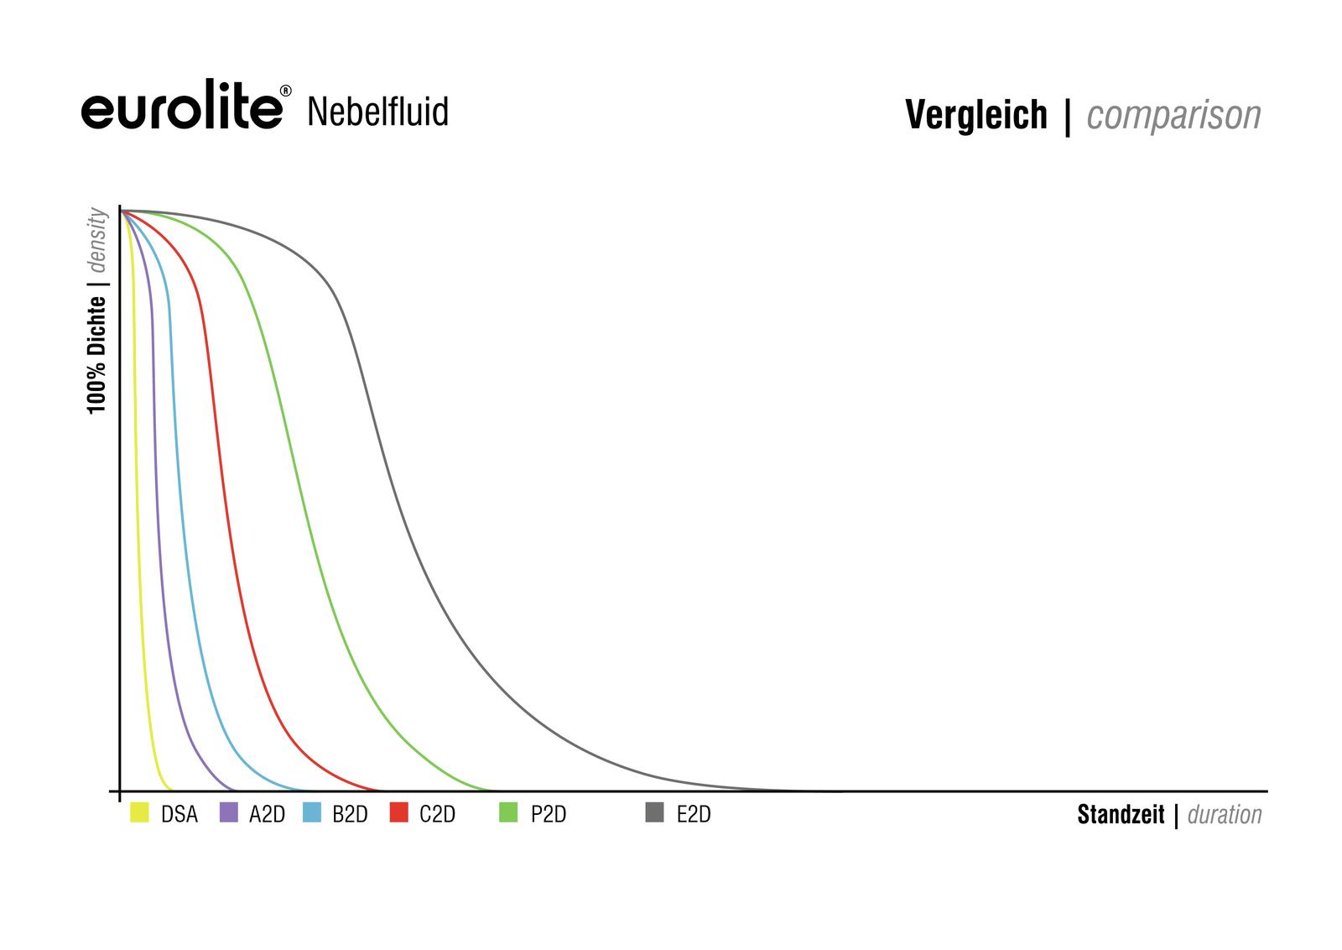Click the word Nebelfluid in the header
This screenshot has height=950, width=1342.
[x=377, y=112]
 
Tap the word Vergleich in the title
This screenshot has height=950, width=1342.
[x=976, y=115]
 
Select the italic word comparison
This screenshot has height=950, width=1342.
[x=1173, y=116]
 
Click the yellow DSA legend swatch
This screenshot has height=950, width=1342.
[x=139, y=812]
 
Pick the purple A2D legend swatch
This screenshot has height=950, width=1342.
[x=228, y=812]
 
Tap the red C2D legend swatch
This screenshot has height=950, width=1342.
[x=399, y=812]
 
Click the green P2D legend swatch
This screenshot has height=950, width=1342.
[x=508, y=812]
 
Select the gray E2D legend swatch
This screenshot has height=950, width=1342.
[x=655, y=812]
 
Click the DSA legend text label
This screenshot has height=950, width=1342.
[x=179, y=815]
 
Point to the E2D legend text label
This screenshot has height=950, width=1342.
[x=694, y=815]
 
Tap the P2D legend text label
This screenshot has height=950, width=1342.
[x=549, y=815]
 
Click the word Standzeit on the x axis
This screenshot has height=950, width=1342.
[x=1121, y=815]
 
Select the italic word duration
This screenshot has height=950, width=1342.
[x=1225, y=815]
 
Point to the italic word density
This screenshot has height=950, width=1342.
[x=97, y=240]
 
